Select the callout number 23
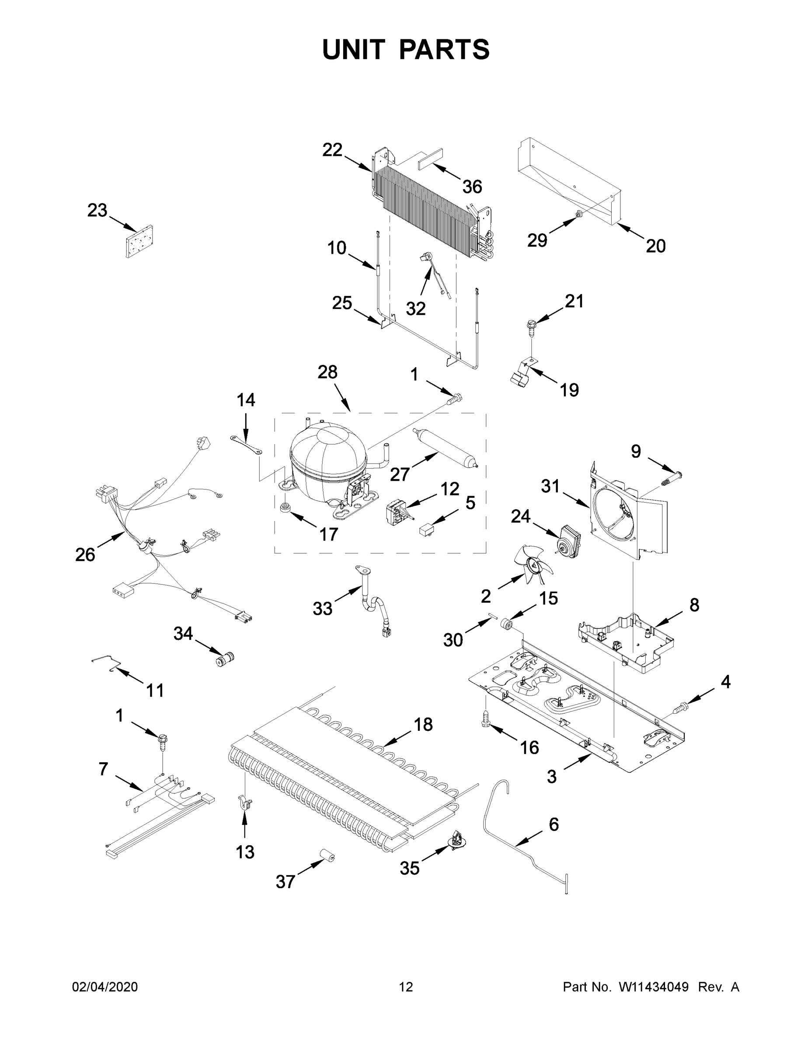[97, 210]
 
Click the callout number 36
[472, 187]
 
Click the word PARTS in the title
[445, 49]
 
